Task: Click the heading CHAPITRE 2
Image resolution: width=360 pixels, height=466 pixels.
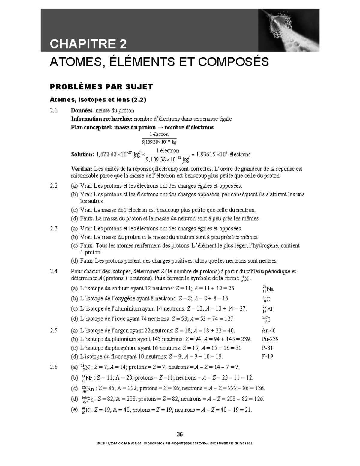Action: pos(88,44)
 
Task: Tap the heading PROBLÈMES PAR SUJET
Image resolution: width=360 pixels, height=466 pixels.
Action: pos(101,87)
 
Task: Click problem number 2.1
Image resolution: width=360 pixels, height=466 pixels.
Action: pos(54,110)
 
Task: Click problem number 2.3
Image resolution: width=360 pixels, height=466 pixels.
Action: pos(54,229)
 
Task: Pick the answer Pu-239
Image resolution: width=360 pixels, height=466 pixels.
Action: pos(270,339)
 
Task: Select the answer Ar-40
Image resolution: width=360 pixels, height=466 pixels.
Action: pos(268,331)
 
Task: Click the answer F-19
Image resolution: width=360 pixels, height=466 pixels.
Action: pos(267,356)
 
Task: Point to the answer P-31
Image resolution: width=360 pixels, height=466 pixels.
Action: pos(267,348)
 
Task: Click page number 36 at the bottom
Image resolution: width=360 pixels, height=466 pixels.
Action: pos(180,434)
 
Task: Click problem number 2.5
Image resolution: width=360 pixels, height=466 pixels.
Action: pos(54,331)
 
